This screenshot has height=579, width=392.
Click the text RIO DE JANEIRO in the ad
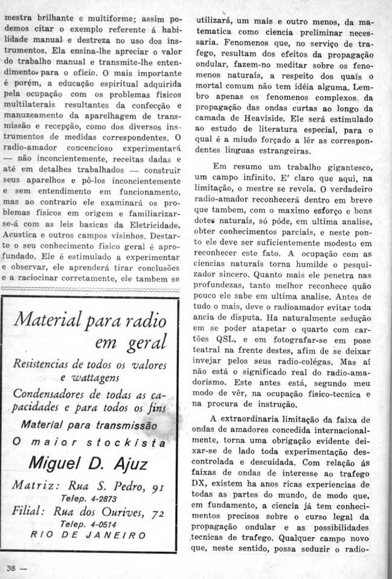click(88, 535)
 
